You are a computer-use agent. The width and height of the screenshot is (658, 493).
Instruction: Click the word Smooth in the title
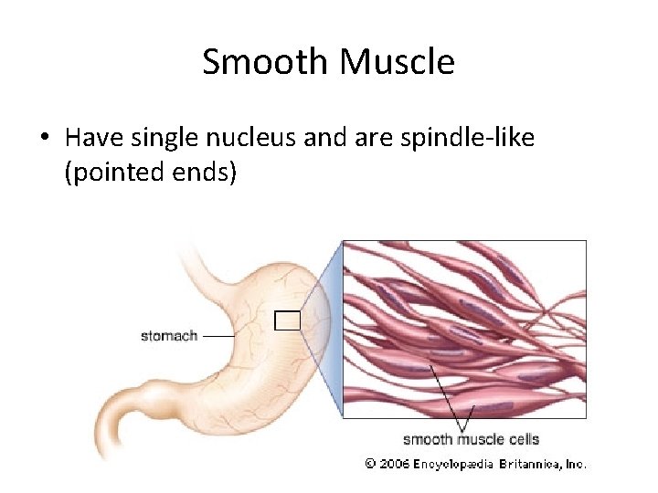tap(266, 62)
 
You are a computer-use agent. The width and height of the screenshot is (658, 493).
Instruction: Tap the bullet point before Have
tap(44, 139)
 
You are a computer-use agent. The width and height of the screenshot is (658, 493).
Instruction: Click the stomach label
tap(169, 336)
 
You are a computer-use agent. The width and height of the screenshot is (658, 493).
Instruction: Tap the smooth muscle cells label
tap(471, 439)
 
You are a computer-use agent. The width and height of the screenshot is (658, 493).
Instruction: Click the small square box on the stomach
tap(288, 320)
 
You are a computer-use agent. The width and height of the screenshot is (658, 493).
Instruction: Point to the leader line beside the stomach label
tap(219, 336)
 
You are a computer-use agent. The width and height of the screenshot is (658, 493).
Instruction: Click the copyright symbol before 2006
tap(370, 464)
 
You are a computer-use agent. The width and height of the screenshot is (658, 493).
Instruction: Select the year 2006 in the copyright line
tap(394, 464)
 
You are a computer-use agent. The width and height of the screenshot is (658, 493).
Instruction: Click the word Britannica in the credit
tap(529, 464)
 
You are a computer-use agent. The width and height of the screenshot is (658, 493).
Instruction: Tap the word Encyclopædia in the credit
tap(453, 464)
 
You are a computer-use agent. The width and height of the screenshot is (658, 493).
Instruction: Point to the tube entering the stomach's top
tap(196, 260)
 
